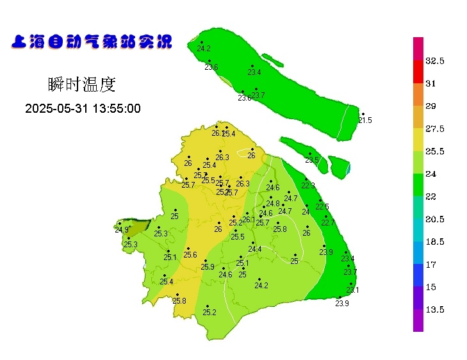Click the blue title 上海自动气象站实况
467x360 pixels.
click(92, 42)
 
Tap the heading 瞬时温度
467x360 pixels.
click(81, 84)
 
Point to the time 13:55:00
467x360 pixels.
click(116, 108)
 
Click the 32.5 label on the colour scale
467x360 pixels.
click(435, 61)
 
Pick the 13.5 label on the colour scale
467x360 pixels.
click(435, 309)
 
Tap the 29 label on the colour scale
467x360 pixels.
click(430, 106)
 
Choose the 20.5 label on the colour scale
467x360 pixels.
click(435, 219)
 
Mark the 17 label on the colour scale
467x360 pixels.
click(430, 264)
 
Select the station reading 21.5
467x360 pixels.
click(365, 120)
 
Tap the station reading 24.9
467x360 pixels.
click(121, 229)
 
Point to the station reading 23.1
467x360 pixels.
click(352, 290)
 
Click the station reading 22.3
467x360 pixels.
click(308, 185)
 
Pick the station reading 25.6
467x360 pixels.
click(190, 254)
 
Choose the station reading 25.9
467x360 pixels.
click(207, 266)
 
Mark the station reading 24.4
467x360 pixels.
click(255, 249)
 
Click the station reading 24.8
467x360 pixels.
click(273, 203)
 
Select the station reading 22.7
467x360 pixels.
click(327, 222)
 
